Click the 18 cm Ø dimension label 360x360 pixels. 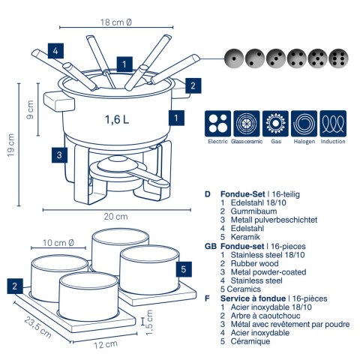115,22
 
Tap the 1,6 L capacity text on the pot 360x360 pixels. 117,119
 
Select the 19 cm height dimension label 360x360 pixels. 10,145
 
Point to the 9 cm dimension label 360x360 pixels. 30,109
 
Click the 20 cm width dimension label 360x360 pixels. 115,217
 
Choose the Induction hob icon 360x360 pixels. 333,124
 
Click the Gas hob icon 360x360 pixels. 275,124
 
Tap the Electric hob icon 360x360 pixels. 217,124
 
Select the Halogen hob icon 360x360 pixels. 304,124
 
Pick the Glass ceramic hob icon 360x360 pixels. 247,124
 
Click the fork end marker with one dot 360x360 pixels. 234,58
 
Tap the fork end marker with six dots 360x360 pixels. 338,58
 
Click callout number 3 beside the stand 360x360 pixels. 59,155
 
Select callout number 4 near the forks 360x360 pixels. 55,51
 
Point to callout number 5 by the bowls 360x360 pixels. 184,269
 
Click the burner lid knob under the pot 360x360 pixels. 118,159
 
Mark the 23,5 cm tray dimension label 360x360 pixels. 38,327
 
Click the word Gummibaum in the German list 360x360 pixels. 253,211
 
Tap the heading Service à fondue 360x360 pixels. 253,298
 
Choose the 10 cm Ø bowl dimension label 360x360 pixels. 58,243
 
